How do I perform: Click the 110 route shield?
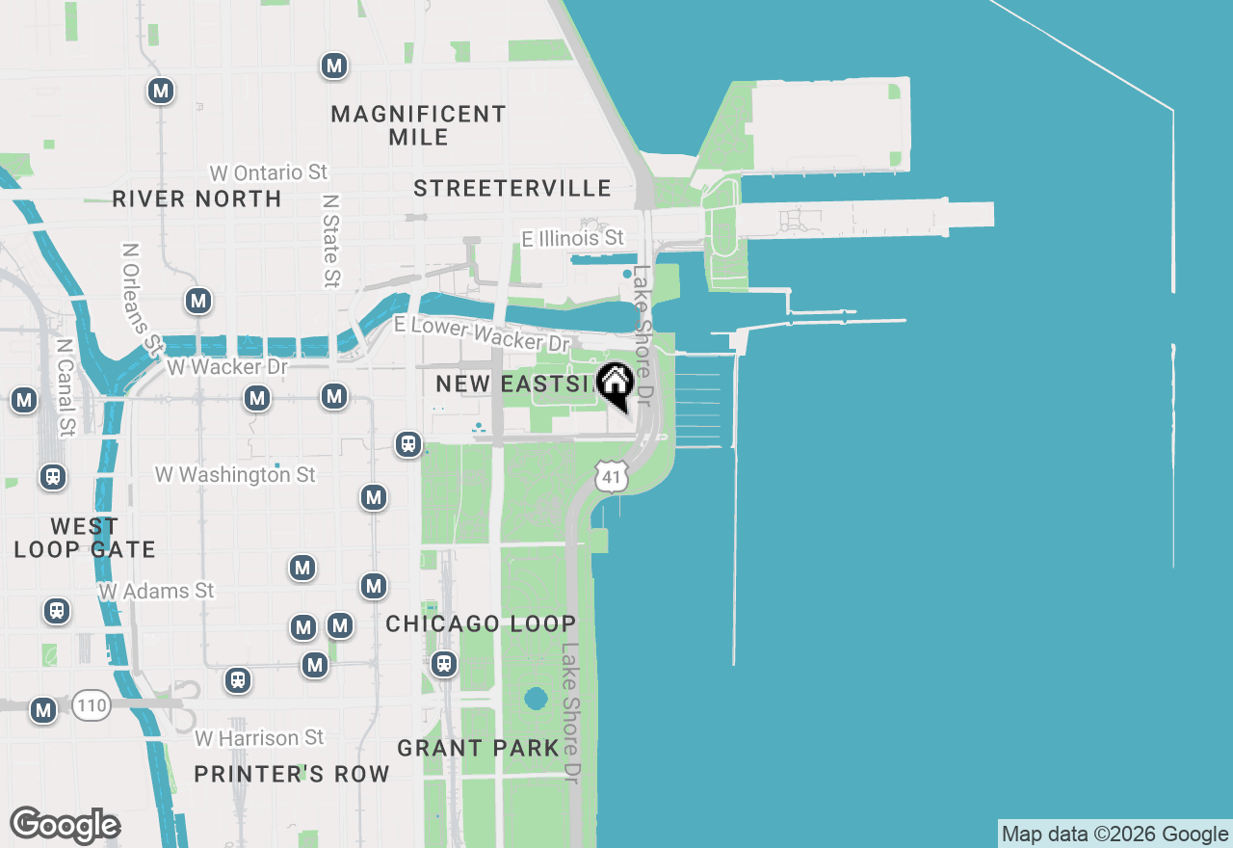pos(92,706)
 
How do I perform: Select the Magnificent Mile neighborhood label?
pos(418,125)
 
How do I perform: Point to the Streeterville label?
pos(512,188)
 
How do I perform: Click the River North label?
pos(197,199)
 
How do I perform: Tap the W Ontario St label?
pos(269,172)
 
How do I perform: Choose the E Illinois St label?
pos(572,238)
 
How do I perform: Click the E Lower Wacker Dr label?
pos(482,333)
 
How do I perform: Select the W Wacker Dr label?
pos(227,367)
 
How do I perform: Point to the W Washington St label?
pos(235,475)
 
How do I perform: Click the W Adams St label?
pos(156,591)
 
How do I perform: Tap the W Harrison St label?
pos(259,738)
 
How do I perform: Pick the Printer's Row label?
pos(292,774)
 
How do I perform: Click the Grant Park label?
pos(478,748)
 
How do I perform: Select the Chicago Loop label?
pos(481,623)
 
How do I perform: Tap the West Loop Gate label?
pos(85,538)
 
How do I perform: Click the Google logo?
pos(65,826)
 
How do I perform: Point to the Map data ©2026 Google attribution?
pos(1115,835)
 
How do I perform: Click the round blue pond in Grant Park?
pos(536,698)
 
